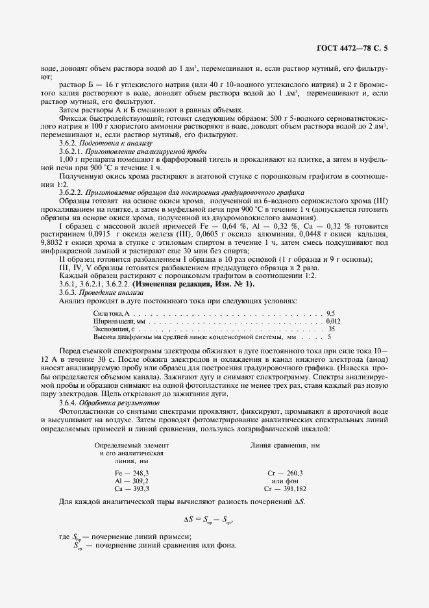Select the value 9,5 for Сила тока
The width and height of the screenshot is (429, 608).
click(x=331, y=313)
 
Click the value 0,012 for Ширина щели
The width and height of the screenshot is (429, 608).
click(x=332, y=321)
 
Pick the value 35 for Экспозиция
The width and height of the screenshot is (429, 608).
click(x=332, y=329)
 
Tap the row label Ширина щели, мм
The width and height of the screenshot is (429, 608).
click(x=120, y=321)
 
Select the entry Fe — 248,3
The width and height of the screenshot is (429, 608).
click(x=132, y=472)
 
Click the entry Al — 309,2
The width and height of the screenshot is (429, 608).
click(x=132, y=480)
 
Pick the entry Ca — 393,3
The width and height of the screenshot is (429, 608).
click(x=132, y=488)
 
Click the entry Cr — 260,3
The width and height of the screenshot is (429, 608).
click(x=285, y=472)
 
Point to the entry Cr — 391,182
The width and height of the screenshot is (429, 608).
click(x=285, y=488)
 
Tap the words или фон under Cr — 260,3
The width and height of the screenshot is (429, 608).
click(x=284, y=480)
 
